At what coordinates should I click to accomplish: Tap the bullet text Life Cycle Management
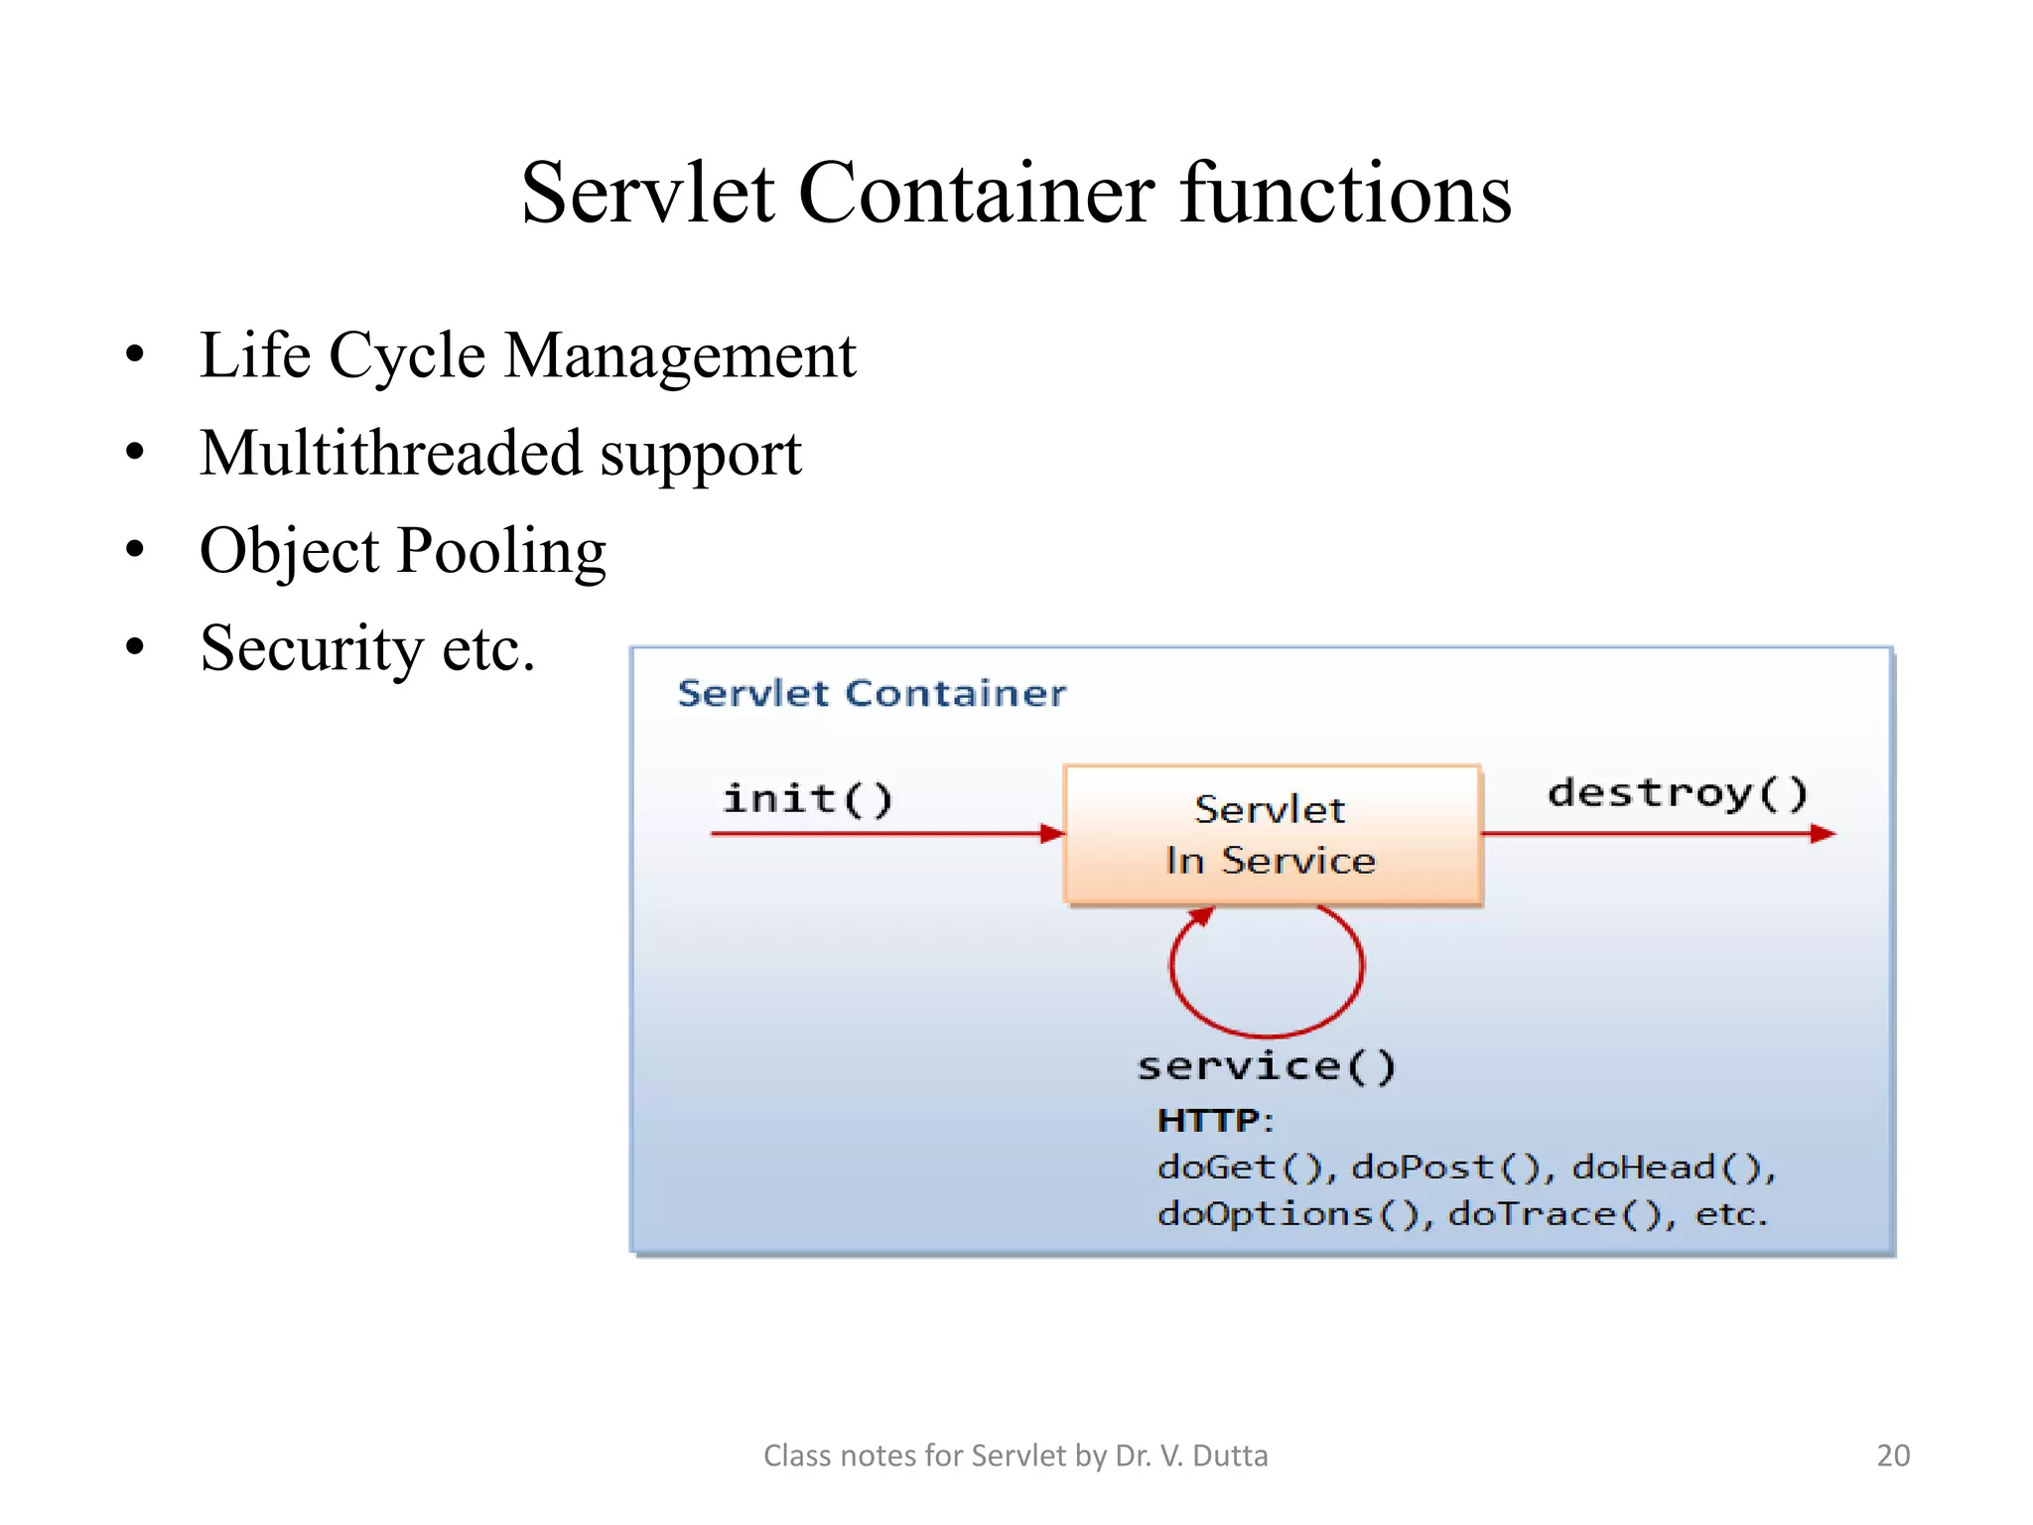tap(527, 355)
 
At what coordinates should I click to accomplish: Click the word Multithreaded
tap(391, 453)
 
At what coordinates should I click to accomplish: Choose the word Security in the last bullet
tap(312, 648)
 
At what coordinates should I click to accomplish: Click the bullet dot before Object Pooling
tap(135, 549)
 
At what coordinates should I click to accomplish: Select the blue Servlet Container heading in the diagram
tap(871, 693)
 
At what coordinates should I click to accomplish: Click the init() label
tap(807, 798)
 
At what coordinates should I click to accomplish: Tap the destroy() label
tap(1677, 792)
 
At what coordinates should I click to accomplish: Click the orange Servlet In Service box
tap(1272, 834)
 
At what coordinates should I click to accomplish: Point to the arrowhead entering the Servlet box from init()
tap(1052, 833)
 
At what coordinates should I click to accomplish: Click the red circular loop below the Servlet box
tap(1267, 1033)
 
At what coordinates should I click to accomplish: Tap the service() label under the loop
tap(1267, 1067)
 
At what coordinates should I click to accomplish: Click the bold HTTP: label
tap(1214, 1121)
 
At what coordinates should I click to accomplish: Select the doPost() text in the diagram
tap(1448, 1168)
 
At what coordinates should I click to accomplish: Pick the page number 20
tap(1892, 1456)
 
